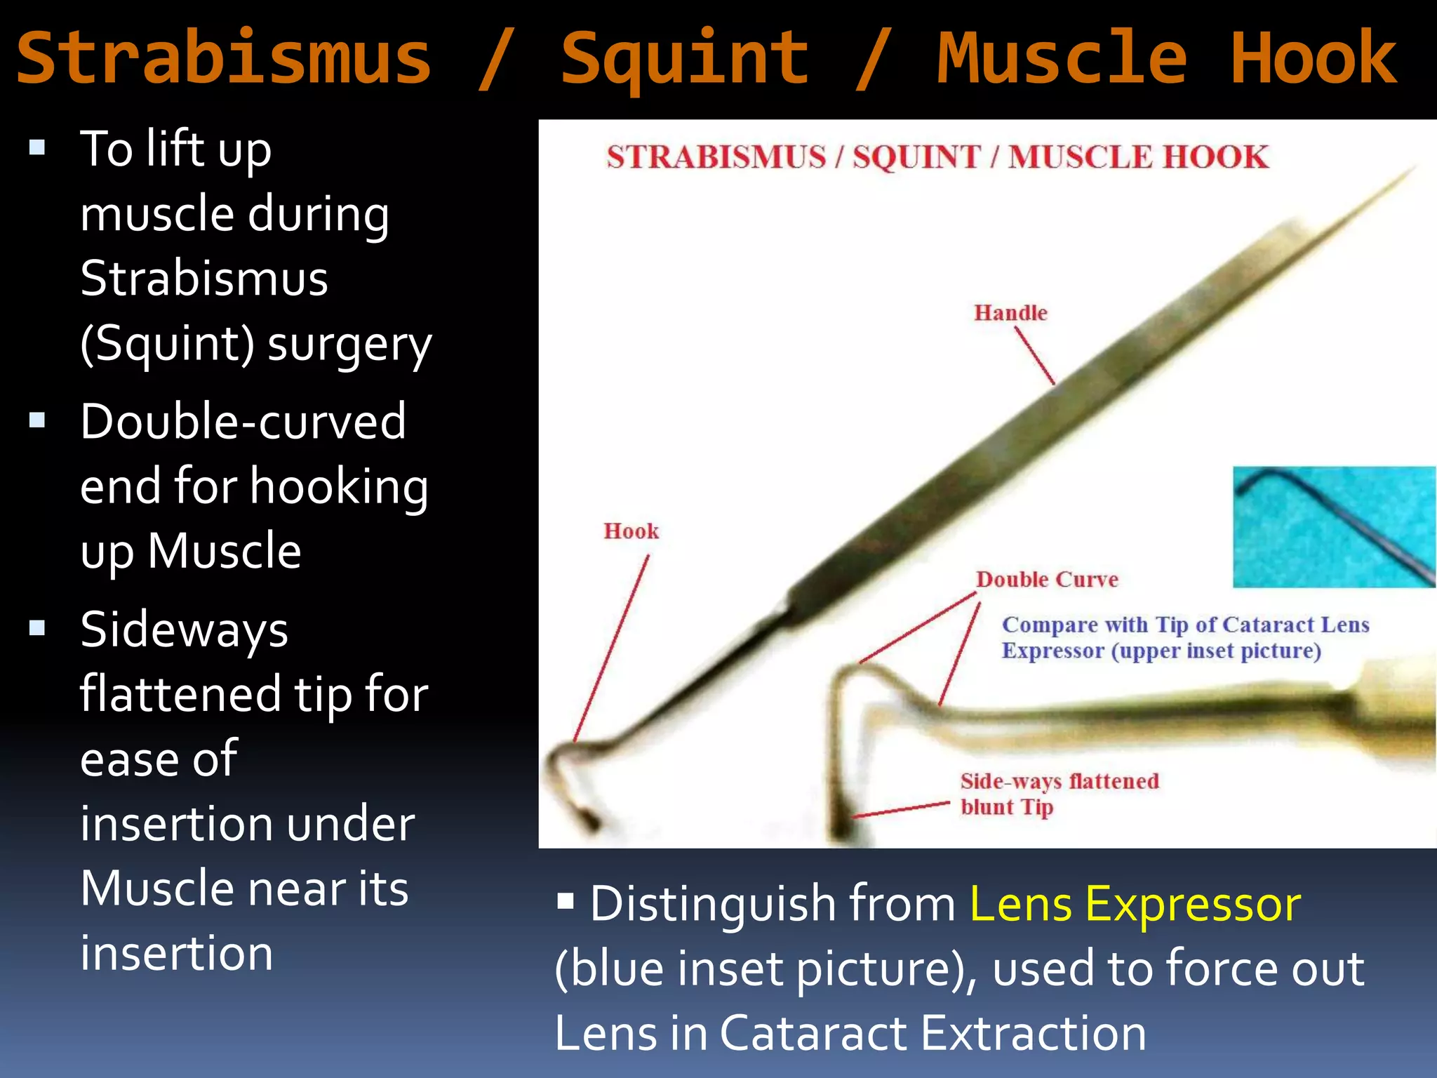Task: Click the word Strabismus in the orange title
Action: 223,58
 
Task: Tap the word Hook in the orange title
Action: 1314,58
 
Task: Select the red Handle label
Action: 1010,313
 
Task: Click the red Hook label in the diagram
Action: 631,531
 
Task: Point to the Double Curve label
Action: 1047,580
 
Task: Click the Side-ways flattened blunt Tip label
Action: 1059,794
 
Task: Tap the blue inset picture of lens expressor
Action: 1333,526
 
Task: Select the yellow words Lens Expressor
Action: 1135,904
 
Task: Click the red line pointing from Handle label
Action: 1034,356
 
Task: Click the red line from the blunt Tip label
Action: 901,810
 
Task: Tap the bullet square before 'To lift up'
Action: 37,147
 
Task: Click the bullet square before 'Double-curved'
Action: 37,420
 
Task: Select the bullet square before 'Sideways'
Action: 37,627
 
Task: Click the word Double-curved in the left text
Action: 243,421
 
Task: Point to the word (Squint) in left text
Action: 167,344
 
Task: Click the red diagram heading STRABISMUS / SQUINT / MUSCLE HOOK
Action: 937,157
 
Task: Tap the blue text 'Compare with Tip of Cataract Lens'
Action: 1184,625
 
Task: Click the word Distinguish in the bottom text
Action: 773,904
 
